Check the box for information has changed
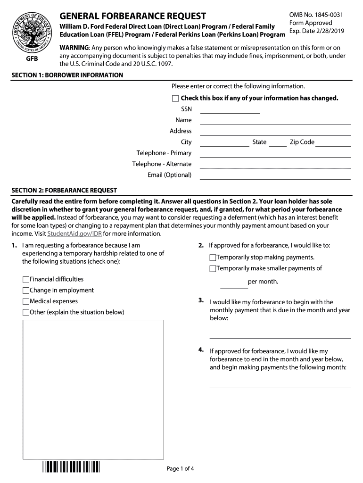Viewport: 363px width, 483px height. (x=175, y=99)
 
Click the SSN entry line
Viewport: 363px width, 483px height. (x=230, y=110)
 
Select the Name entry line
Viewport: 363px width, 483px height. (x=275, y=121)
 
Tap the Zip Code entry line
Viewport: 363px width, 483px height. (x=333, y=143)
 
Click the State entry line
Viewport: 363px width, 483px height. (x=278, y=143)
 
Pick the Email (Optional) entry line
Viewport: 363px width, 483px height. (x=275, y=176)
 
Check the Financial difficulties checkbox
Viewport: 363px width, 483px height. (x=26, y=280)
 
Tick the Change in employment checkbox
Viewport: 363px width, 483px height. (x=26, y=291)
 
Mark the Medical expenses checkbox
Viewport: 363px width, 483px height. (x=26, y=301)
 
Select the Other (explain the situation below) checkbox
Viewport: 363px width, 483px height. (x=26, y=313)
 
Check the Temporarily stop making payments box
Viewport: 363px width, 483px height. (x=213, y=258)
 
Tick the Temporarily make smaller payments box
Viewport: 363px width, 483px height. (x=213, y=269)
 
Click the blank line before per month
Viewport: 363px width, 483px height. (x=234, y=284)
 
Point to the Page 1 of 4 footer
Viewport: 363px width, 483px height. (x=181, y=468)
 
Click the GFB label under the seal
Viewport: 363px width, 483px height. (x=32, y=59)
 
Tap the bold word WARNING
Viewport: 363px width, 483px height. (x=74, y=48)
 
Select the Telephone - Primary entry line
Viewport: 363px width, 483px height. (x=275, y=154)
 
